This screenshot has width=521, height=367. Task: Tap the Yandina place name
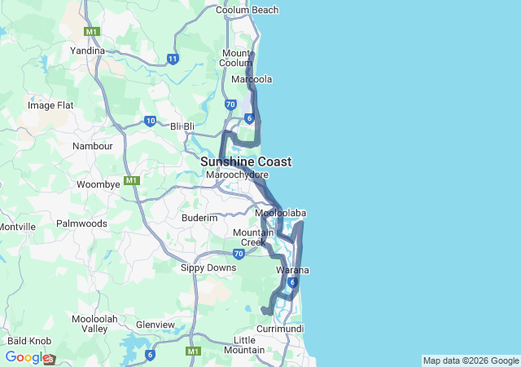click(x=88, y=51)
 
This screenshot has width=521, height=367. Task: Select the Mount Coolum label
click(x=237, y=58)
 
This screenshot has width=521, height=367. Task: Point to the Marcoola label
click(x=252, y=79)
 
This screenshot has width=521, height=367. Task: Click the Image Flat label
click(x=50, y=105)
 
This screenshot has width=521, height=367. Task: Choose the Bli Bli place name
click(x=183, y=126)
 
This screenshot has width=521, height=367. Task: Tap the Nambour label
click(x=93, y=146)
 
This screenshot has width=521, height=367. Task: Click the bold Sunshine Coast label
click(x=246, y=161)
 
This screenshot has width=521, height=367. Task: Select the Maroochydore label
click(x=237, y=175)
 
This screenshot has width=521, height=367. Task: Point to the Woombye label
click(x=99, y=184)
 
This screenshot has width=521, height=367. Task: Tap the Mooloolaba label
click(x=280, y=214)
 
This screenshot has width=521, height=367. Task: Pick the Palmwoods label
click(x=81, y=223)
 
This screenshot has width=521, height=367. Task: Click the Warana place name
click(x=292, y=270)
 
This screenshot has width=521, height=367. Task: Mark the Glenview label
click(x=155, y=325)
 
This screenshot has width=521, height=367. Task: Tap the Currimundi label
click(x=280, y=328)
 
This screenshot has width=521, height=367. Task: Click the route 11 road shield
click(x=173, y=59)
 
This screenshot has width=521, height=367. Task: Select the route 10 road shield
click(x=151, y=121)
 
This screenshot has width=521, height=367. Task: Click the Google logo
click(x=27, y=357)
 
